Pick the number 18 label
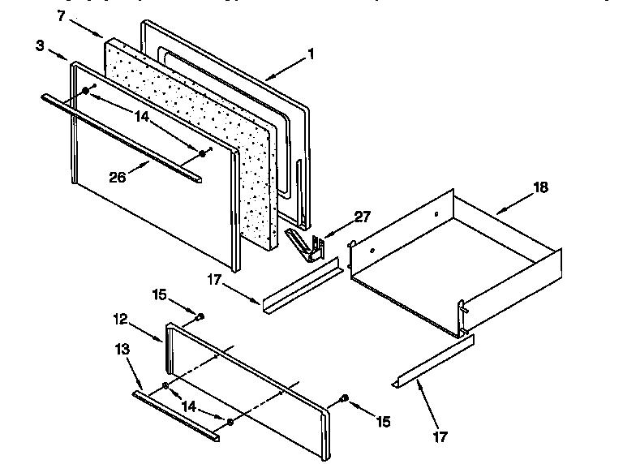(x=541, y=187)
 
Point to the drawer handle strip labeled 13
(x=174, y=414)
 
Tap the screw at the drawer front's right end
(x=346, y=397)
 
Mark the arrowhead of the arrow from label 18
(x=496, y=212)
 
